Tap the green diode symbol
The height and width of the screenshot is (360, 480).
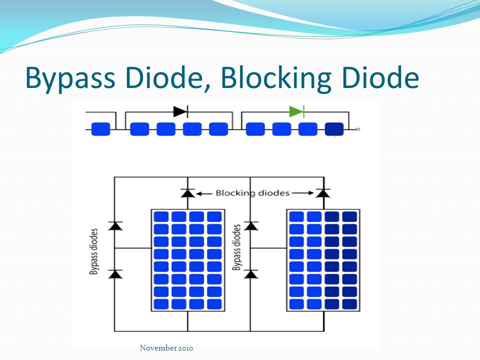coord(296,111)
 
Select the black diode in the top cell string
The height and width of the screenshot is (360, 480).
coord(180,111)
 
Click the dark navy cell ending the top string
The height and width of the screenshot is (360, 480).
coord(334,129)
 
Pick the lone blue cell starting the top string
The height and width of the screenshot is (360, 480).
coord(101,129)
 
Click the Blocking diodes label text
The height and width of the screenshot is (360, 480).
coord(252,192)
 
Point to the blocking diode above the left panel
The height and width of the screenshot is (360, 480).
coord(187,192)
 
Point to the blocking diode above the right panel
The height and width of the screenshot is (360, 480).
coord(323,192)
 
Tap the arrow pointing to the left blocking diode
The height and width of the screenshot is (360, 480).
coord(204,192)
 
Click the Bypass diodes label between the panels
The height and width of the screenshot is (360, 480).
coord(237,247)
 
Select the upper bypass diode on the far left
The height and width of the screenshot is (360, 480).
coord(115,225)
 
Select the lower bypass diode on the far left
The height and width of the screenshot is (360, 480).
coord(115,273)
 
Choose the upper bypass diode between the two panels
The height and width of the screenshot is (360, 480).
coord(251,225)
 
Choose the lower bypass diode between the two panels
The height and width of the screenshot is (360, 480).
coord(251,273)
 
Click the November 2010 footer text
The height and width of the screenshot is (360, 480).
coord(166,348)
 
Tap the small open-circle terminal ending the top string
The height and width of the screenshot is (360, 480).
coord(358,129)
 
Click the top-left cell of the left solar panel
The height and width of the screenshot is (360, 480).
coord(160,217)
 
